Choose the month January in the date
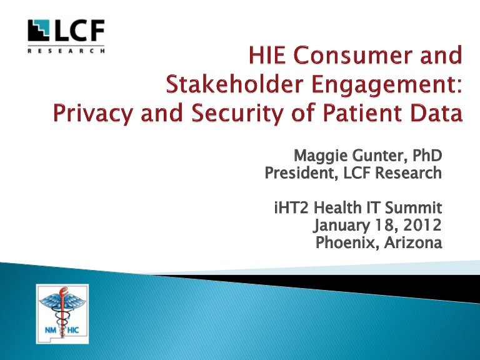tap(342, 226)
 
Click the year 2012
tap(422, 225)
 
